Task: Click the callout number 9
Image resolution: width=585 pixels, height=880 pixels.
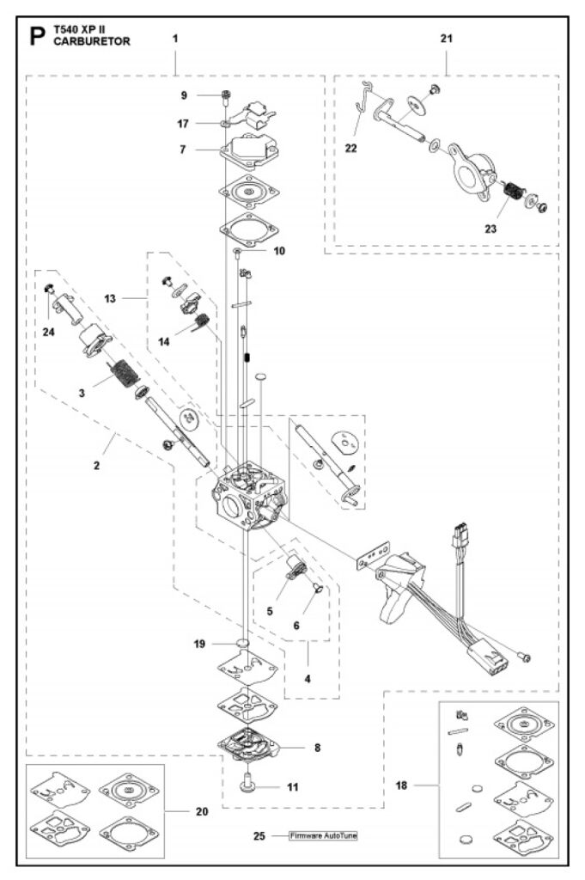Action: point(183,95)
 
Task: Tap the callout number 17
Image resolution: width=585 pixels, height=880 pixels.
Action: point(183,123)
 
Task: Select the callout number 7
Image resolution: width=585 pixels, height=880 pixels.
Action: point(183,150)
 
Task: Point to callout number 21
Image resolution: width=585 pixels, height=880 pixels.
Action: point(447,38)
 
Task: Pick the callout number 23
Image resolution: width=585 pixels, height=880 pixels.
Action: point(490,229)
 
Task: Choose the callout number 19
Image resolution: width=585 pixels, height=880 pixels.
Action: point(199,643)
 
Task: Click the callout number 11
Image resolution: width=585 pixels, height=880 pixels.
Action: point(293,786)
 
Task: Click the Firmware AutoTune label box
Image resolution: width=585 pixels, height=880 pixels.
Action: point(322,835)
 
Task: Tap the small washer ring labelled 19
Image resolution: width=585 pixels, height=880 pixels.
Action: point(243,643)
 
